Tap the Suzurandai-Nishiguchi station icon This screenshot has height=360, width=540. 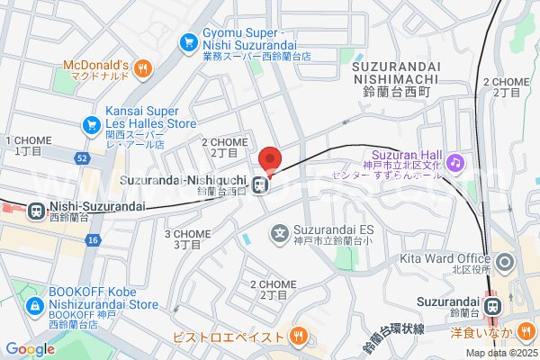coord(259,186)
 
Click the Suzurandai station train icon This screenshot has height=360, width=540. coord(492,306)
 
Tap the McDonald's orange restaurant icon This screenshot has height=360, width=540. coord(144,67)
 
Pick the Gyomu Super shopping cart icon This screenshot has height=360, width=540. coord(188,41)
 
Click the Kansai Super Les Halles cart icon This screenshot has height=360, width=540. coord(90,124)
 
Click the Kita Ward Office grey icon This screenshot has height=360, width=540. coord(504,264)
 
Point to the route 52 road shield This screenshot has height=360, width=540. coord(82,158)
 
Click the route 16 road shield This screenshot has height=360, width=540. coord(93,239)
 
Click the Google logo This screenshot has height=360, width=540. coord(30,349)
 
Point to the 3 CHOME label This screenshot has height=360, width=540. coord(187,238)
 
